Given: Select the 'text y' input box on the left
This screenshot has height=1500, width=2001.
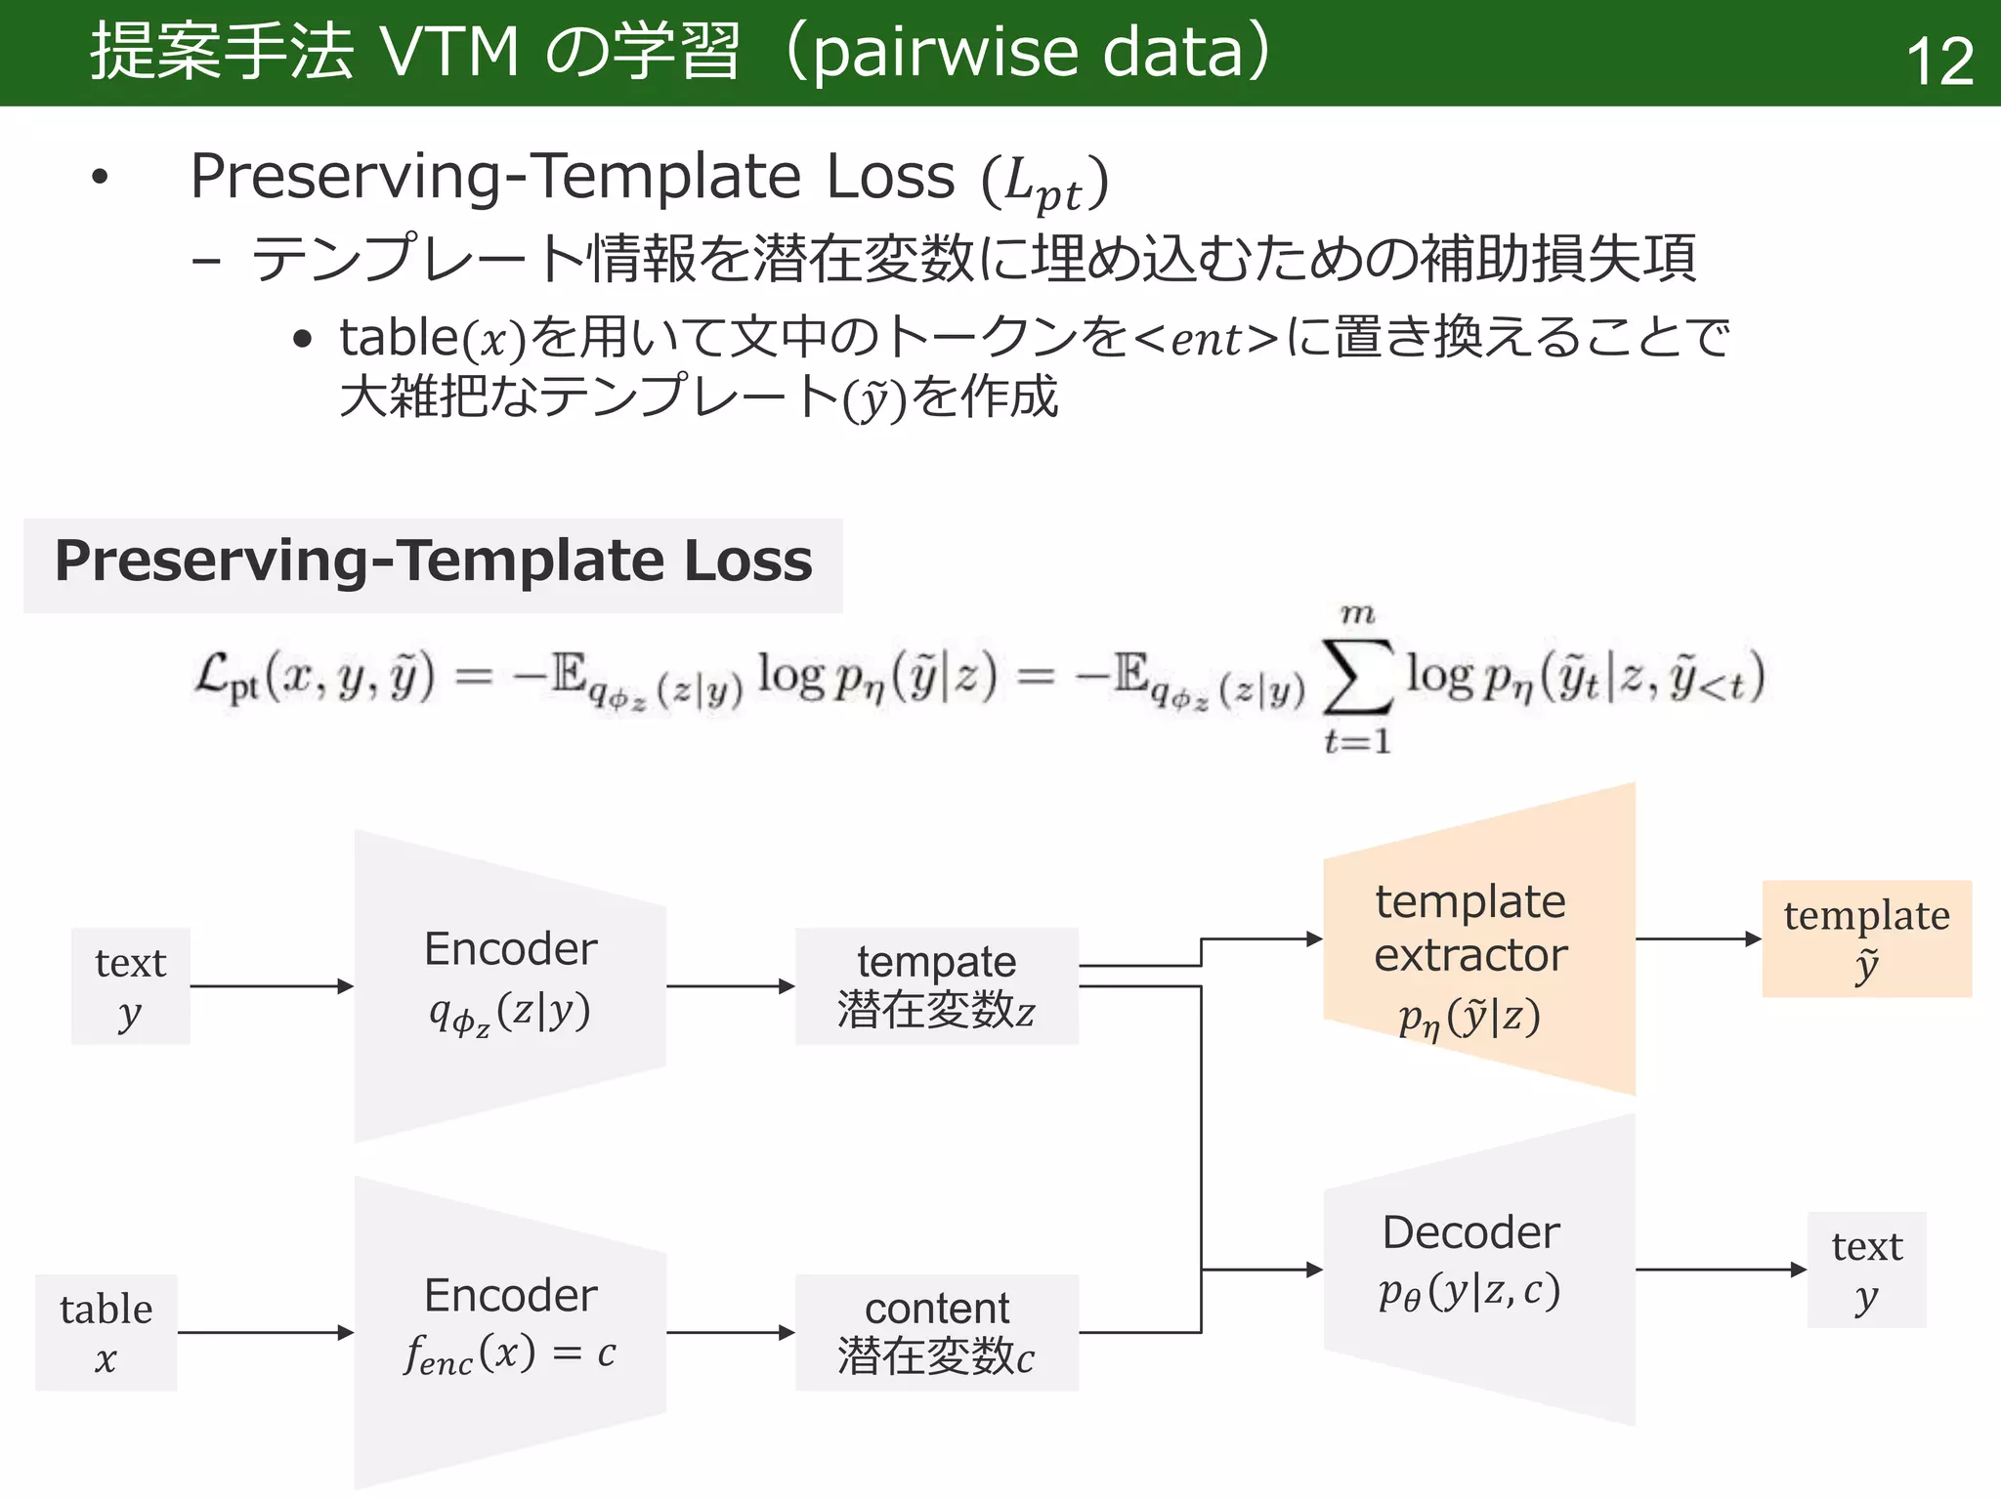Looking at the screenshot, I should coord(130,986).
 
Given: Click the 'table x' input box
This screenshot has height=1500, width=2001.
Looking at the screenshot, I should coord(106,1332).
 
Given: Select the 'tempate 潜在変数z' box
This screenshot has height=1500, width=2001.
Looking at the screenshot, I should coord(936,986).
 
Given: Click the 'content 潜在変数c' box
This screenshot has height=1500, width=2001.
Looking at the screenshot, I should coord(936,1332).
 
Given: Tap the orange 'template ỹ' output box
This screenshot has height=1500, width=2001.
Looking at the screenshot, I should coord(1866,938).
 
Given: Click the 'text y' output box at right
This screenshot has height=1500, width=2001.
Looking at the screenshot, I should coord(1866,1270).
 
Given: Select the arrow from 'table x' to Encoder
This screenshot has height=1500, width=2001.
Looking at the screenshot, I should coord(264,1332).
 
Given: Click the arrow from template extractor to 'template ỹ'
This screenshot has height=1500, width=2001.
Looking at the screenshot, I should coord(1698,938).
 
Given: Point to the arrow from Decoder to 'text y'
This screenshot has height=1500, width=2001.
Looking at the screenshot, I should coord(1720,1270).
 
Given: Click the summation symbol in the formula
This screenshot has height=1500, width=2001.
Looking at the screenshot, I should coord(1356,677).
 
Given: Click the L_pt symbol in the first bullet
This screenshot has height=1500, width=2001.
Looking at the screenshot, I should coord(1043,183).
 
